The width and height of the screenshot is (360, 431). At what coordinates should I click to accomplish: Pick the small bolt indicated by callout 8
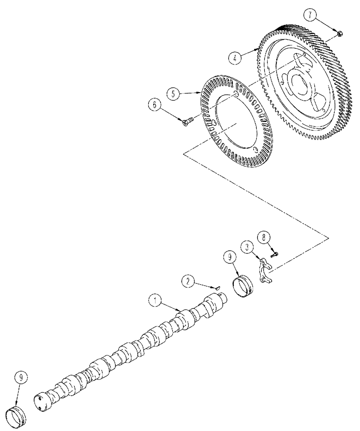(x=274, y=255)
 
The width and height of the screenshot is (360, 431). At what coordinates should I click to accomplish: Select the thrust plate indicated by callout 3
(x=265, y=272)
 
